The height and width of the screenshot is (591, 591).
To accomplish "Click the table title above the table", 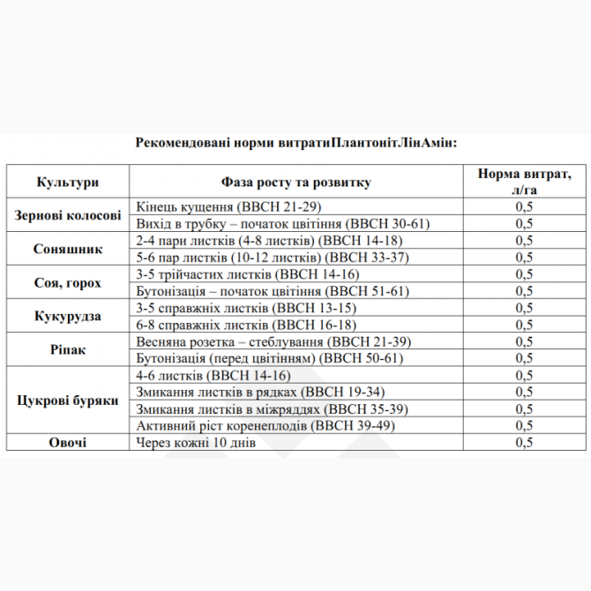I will tap(295, 142).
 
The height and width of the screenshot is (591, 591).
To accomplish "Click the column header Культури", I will tap(68, 182).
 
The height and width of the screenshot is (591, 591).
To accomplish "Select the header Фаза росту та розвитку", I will tap(295, 182).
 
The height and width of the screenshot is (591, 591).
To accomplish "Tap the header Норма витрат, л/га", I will tap(524, 182).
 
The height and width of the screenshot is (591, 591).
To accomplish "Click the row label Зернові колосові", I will tap(68, 215).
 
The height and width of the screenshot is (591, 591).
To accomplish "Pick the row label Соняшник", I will tap(68, 249).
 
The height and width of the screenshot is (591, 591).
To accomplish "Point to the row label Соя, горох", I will tap(68, 282).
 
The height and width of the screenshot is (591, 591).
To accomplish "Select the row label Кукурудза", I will tap(68, 316).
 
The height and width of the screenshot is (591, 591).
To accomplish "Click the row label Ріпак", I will tap(68, 349).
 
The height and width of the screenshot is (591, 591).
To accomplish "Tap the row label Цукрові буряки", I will tap(68, 400).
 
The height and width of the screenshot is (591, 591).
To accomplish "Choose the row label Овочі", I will tap(68, 443).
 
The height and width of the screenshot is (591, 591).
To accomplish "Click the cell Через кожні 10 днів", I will tap(195, 443).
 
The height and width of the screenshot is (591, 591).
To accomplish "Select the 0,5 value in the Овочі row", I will tap(524, 443).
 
